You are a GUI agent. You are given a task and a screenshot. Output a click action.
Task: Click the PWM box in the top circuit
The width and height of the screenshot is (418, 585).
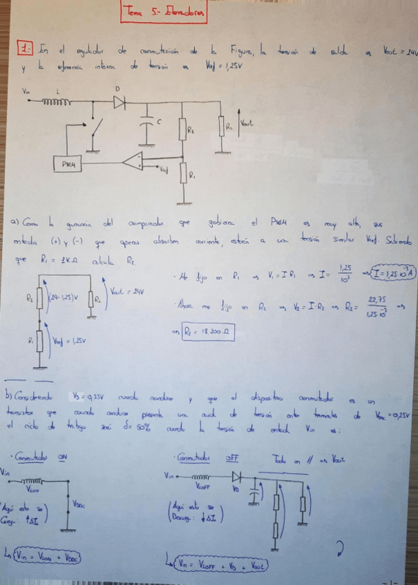[68, 164]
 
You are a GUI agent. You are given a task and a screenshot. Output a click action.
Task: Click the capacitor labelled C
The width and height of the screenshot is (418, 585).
[146, 128]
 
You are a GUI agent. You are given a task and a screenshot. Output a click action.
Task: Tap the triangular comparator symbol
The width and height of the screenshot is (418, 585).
[136, 163]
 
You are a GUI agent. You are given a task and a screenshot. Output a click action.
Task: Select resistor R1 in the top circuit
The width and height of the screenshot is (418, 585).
[184, 174]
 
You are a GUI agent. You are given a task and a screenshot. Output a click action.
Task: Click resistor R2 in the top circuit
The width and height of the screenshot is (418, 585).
[183, 128]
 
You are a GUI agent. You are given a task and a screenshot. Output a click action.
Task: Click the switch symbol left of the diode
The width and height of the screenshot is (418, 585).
[97, 128]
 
